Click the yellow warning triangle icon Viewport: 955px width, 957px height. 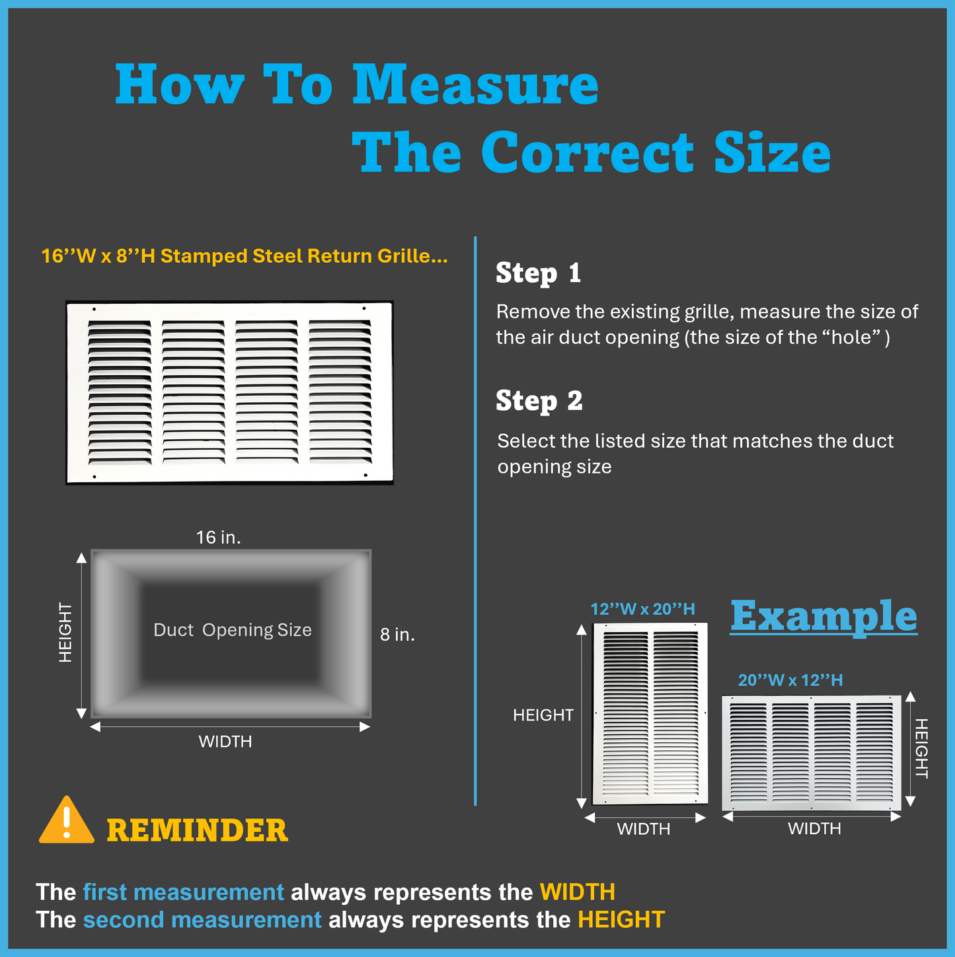point(67,822)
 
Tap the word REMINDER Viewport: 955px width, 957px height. point(198,830)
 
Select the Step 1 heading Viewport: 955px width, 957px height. point(539,273)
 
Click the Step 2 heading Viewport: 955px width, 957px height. point(539,401)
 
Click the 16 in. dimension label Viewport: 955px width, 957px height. point(218,538)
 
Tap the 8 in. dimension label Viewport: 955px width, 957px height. point(397,635)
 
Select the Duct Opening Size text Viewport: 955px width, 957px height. point(233,629)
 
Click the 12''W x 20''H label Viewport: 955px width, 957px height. point(642,609)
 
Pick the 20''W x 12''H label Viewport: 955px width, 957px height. point(790,680)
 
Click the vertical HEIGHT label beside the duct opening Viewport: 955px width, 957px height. point(65,633)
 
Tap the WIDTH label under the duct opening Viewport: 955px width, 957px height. point(225,742)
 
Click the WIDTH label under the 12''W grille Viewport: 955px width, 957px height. point(643,829)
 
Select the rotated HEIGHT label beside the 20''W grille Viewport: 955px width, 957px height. point(921,748)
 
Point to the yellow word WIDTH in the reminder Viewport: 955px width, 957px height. point(578,892)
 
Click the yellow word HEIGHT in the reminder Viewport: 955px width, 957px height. point(621,920)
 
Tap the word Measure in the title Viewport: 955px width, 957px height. point(476,85)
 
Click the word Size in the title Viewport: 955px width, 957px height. point(773,153)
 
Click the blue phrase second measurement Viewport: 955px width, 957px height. point(202,920)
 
